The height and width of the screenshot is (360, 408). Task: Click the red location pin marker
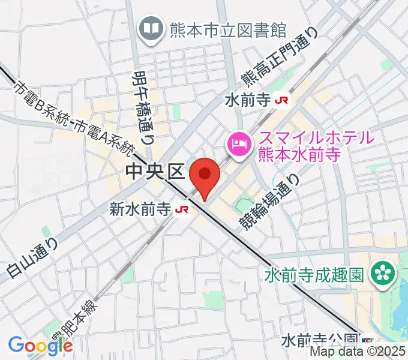click(205, 175)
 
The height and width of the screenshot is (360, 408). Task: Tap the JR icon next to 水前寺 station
click(280, 101)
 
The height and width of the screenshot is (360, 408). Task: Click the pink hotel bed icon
click(238, 143)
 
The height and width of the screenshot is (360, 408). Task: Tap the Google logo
click(40, 345)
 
